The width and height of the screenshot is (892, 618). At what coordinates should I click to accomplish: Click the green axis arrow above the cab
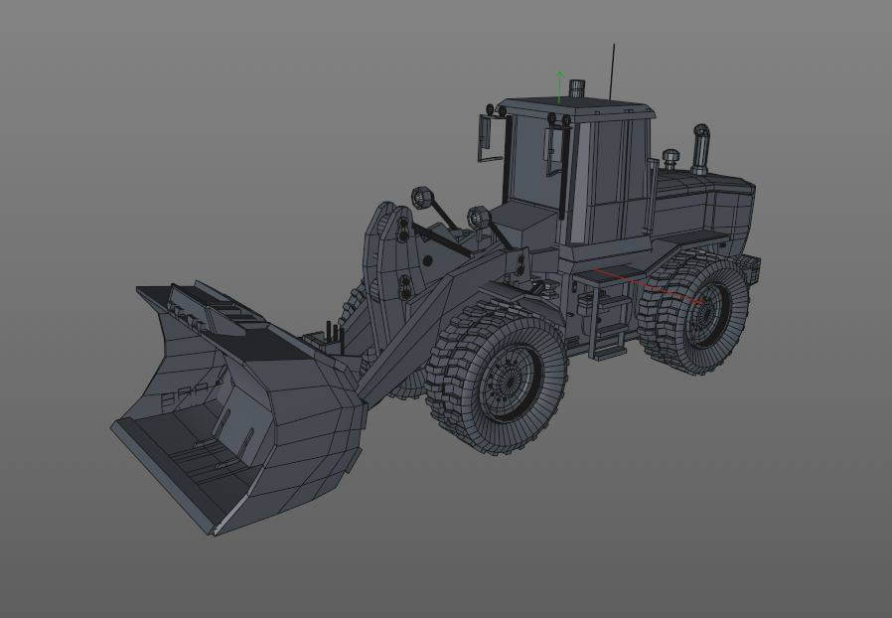coord(560,83)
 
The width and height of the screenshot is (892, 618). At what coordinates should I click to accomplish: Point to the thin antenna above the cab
coord(613,70)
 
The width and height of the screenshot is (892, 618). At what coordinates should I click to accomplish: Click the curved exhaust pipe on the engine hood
coord(700,149)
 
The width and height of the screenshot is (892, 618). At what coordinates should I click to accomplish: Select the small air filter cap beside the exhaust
coord(670,158)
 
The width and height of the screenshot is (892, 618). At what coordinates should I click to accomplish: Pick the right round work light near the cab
coord(477,216)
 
